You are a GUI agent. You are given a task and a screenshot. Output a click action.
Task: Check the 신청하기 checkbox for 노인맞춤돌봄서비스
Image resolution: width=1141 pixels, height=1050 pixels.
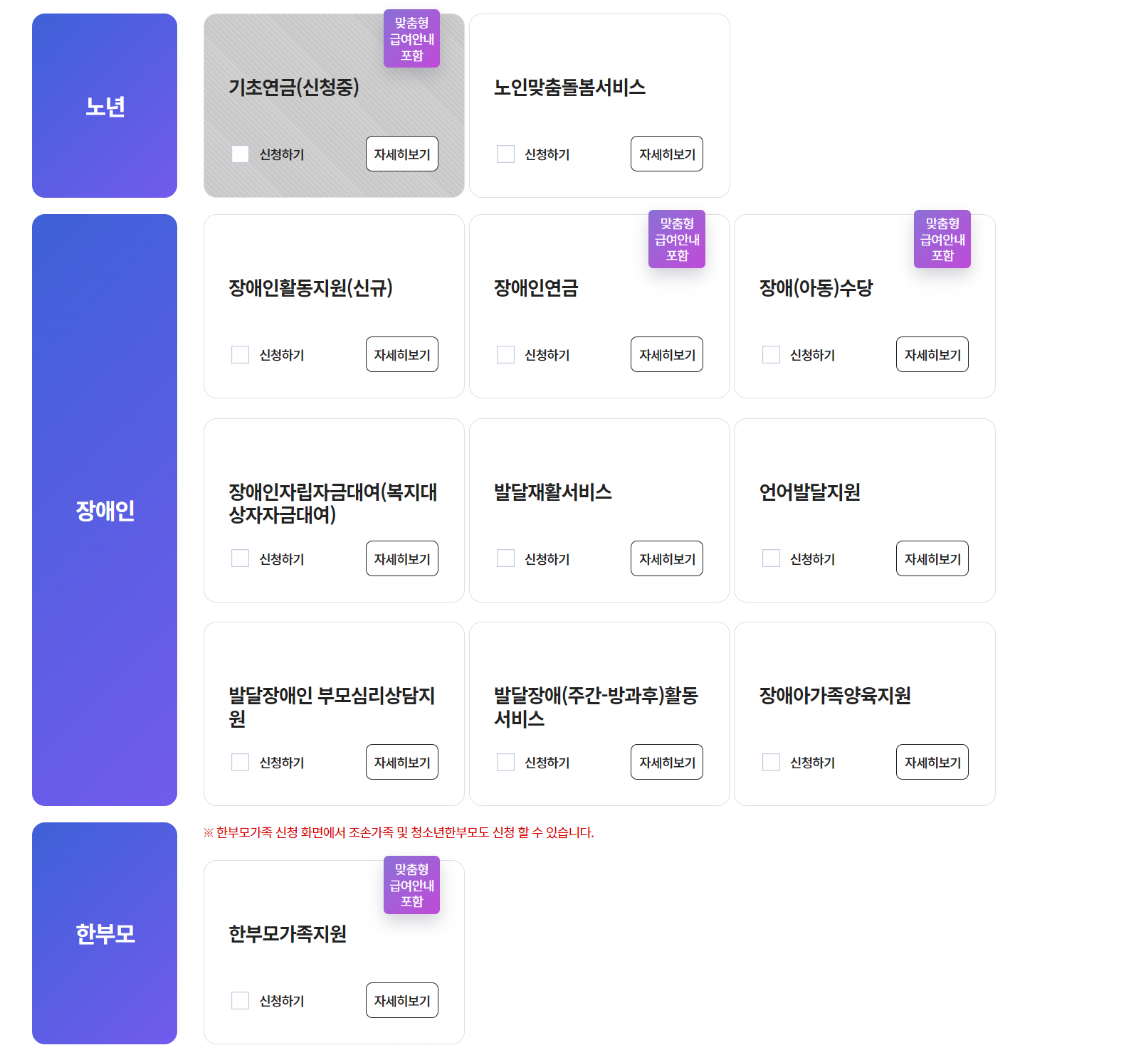point(505,154)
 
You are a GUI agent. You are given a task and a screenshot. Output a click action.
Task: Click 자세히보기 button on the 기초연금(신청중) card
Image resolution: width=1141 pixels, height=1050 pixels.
point(401,154)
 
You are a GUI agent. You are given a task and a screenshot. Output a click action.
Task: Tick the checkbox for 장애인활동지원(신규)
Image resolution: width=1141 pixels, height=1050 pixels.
point(241,355)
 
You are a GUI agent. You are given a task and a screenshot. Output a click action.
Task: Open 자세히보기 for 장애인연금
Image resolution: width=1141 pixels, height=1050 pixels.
point(666,355)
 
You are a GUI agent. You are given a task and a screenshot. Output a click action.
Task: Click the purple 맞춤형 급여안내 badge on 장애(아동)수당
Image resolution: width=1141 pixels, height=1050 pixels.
point(942,240)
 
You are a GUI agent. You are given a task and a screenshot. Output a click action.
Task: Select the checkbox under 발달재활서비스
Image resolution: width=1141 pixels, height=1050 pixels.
point(505,559)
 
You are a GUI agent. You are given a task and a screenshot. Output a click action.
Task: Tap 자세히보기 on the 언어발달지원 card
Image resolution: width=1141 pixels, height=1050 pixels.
point(932,559)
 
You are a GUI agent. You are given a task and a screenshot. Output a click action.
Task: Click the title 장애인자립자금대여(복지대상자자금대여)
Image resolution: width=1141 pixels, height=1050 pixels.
point(332,503)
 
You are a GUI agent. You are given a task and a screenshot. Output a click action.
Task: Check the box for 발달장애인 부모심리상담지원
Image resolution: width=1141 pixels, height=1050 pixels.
point(241,763)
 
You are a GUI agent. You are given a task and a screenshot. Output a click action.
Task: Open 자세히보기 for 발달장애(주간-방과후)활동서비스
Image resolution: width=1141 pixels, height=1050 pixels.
point(666,763)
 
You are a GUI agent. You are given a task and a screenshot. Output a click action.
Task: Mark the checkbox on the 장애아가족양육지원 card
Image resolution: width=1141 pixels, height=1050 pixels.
point(771,763)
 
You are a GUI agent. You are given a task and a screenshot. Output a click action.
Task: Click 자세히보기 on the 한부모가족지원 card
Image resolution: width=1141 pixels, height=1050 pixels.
point(401,1001)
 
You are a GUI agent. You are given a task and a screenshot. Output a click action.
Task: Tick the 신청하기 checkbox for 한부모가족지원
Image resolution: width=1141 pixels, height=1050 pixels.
point(241,1001)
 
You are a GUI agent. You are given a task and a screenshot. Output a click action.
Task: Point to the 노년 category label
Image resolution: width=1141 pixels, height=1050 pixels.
point(105,107)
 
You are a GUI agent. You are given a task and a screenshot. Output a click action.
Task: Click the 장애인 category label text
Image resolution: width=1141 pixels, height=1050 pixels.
point(105,511)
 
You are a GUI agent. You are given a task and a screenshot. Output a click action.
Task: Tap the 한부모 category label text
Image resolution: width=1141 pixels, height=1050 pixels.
point(105,934)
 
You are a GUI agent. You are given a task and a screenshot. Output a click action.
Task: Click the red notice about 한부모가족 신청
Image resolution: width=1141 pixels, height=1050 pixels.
point(399,832)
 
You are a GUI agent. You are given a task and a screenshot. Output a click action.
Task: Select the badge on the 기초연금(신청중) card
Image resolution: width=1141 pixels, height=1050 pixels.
point(411,39)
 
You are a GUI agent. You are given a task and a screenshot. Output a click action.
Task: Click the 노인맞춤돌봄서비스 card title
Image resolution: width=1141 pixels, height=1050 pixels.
point(569,87)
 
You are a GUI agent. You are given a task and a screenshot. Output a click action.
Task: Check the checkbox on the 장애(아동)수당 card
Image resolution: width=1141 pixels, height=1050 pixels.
point(771,355)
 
